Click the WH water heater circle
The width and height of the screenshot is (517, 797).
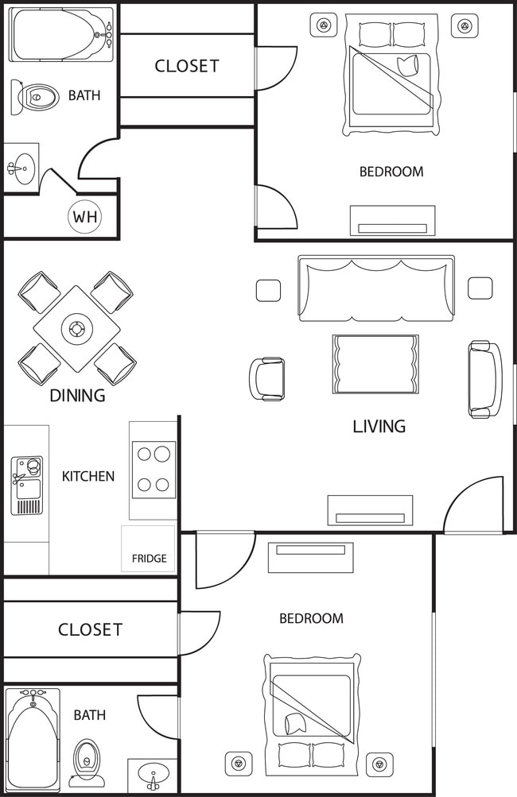pos(85,216)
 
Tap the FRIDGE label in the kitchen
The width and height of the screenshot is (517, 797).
pos(150,559)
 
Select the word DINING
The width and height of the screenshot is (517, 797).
pos(77,396)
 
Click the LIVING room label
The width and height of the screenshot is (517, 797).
pos(379,427)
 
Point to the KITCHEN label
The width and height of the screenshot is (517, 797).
pos(88,477)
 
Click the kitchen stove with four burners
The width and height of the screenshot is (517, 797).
pos(154,470)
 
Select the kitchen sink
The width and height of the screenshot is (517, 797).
pos(26,485)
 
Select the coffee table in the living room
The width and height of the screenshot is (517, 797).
pos(375,364)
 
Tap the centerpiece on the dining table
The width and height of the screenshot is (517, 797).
pos(77,328)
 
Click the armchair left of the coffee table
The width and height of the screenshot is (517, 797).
pos(266,379)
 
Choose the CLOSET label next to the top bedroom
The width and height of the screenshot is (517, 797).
pos(187,66)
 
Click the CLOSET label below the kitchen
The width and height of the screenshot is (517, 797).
pos(90,630)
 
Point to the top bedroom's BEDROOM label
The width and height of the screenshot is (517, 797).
pos(391,172)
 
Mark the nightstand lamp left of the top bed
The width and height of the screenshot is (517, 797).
pos(324,26)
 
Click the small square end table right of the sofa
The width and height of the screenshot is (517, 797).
pos(480,288)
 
